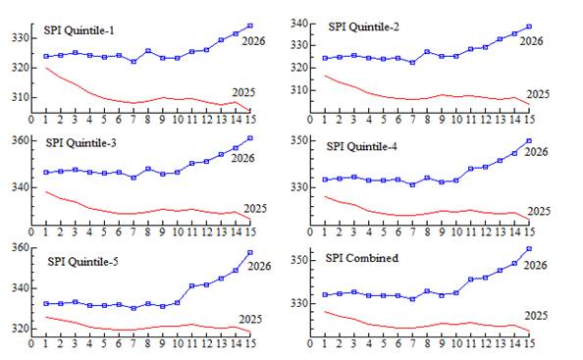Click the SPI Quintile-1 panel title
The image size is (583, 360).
click(79, 30)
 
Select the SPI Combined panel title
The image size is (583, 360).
click(362, 258)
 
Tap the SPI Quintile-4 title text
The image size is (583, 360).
click(362, 147)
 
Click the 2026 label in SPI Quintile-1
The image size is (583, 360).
click(253, 41)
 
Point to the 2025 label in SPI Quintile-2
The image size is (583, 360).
click(538, 94)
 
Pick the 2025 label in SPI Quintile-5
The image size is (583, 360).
click(250, 319)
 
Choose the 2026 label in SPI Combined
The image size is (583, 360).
click(536, 265)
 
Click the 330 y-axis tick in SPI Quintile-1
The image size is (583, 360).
click(20, 38)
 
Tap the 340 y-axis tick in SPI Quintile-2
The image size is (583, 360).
click(299, 24)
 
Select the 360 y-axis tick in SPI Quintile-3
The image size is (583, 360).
click(20, 140)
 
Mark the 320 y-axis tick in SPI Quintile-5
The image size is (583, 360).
click(20, 329)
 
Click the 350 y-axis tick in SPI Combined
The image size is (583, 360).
click(299, 260)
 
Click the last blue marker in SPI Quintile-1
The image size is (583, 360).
click(250, 26)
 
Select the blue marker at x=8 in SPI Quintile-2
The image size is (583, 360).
click(427, 52)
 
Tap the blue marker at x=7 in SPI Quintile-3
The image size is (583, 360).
click(133, 178)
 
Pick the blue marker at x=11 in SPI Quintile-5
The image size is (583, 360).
click(191, 286)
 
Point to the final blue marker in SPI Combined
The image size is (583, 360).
click(529, 249)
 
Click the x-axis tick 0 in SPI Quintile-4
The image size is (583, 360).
click(310, 231)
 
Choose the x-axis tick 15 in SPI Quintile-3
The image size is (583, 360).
click(251, 231)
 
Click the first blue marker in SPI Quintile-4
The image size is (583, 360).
click(325, 180)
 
